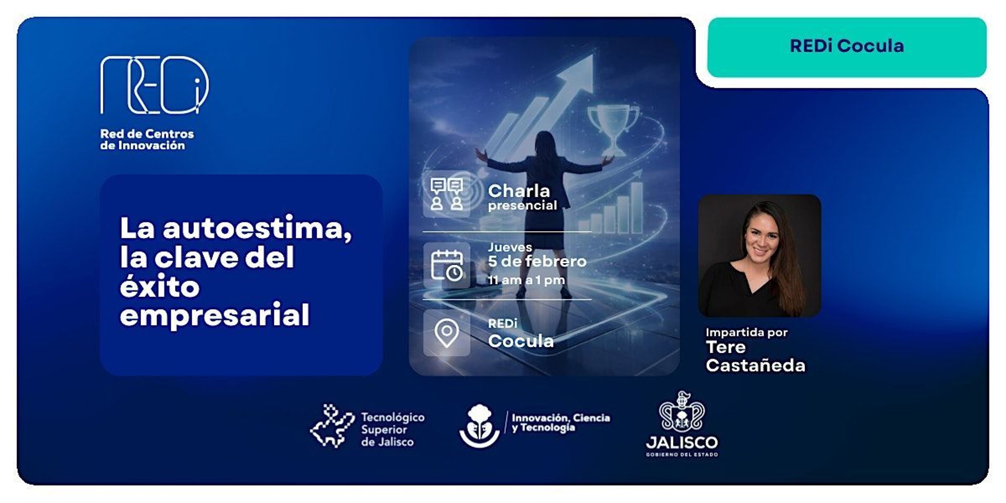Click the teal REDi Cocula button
pos(847,47)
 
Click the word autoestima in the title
pos(257,228)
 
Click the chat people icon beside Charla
pos(447,194)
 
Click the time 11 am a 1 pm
pos(526,280)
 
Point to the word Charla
pos(519,191)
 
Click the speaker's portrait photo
pos(759,255)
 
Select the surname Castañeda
pos(755,365)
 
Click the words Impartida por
pos(746,332)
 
